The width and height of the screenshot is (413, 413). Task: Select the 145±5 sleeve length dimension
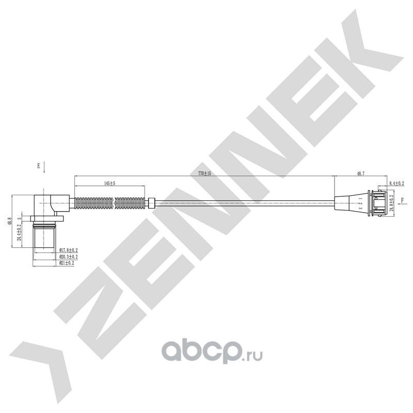pos(109,183)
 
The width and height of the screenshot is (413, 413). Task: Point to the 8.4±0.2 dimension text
pos(395,183)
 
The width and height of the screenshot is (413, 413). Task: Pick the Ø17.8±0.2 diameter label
pos(68,250)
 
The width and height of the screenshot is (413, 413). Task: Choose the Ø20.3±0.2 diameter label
pos(68,257)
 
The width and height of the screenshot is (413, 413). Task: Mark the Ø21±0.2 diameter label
pos(67,263)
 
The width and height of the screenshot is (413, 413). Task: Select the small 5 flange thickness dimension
pos(20,218)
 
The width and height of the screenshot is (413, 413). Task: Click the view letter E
pos(38,166)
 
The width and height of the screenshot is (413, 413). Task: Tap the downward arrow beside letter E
pos(45,166)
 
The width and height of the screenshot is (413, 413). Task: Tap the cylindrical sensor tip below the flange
pos(44,237)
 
